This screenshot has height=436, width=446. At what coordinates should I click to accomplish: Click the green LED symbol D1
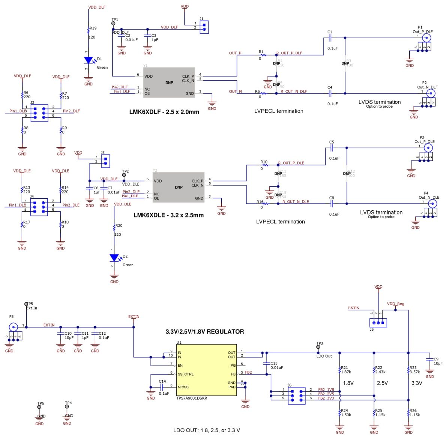coord(89,60)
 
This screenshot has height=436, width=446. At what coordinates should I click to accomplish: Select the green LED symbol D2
coord(114,258)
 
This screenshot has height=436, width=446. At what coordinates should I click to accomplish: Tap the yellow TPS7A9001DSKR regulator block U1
coord(207,370)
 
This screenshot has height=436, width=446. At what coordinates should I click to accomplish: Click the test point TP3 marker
coord(318,348)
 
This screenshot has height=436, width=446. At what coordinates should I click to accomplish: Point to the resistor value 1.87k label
coord(346,372)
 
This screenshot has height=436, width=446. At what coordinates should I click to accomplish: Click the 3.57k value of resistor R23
coord(415,372)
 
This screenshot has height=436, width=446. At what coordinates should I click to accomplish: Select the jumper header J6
coord(296,394)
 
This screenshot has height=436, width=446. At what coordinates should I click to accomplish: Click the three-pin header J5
coord(378,322)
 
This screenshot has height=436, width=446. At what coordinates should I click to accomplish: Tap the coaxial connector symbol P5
coord(14,327)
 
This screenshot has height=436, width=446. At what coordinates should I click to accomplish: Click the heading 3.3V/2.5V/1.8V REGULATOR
coord(205,331)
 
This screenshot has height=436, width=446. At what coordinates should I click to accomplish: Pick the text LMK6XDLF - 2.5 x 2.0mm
coord(164,112)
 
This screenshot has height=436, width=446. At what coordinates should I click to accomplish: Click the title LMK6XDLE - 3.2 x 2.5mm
coord(168,215)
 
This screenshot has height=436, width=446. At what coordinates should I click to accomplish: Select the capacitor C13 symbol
coord(267,364)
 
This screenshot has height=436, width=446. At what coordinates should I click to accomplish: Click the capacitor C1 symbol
coord(330,38)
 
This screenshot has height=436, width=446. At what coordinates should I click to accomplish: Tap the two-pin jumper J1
coord(204,27)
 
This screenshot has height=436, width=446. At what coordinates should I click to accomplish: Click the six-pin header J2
coord(39,113)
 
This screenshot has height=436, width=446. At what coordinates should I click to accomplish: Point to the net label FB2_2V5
coord(326,394)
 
